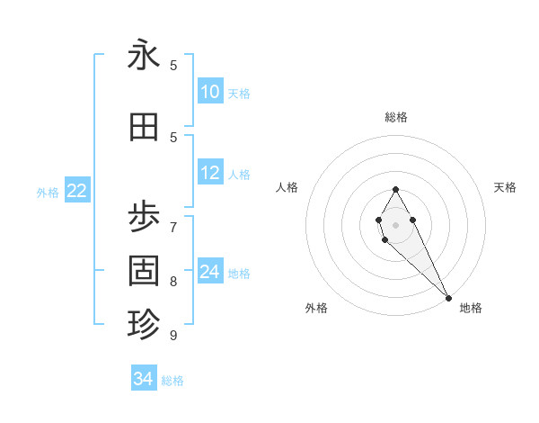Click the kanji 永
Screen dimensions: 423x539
pyautogui.click(x=144, y=57)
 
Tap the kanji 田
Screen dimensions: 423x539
pyautogui.click(x=144, y=129)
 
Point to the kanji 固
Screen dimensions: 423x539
pyautogui.click(x=144, y=270)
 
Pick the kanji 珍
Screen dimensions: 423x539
pyautogui.click(x=144, y=323)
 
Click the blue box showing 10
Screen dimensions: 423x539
pyautogui.click(x=210, y=92)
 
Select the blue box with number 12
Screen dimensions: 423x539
pyautogui.click(x=210, y=173)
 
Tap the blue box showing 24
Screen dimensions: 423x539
pyautogui.click(x=210, y=272)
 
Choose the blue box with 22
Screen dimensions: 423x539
pyautogui.click(x=77, y=191)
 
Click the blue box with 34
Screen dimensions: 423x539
pyautogui.click(x=144, y=379)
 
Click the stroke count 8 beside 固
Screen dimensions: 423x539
pyautogui.click(x=173, y=281)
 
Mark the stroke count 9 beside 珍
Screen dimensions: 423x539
pyautogui.click(x=173, y=335)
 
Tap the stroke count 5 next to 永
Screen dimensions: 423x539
pyautogui.click(x=173, y=65)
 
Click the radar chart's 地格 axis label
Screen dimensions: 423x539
pyautogui.click(x=471, y=309)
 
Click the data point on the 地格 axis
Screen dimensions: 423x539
pyautogui.click(x=448, y=298)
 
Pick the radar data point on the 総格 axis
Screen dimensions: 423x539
pyautogui.click(x=395, y=189)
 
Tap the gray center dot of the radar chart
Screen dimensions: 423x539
pyautogui.click(x=395, y=224)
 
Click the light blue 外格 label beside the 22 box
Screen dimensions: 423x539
pyautogui.click(x=48, y=192)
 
